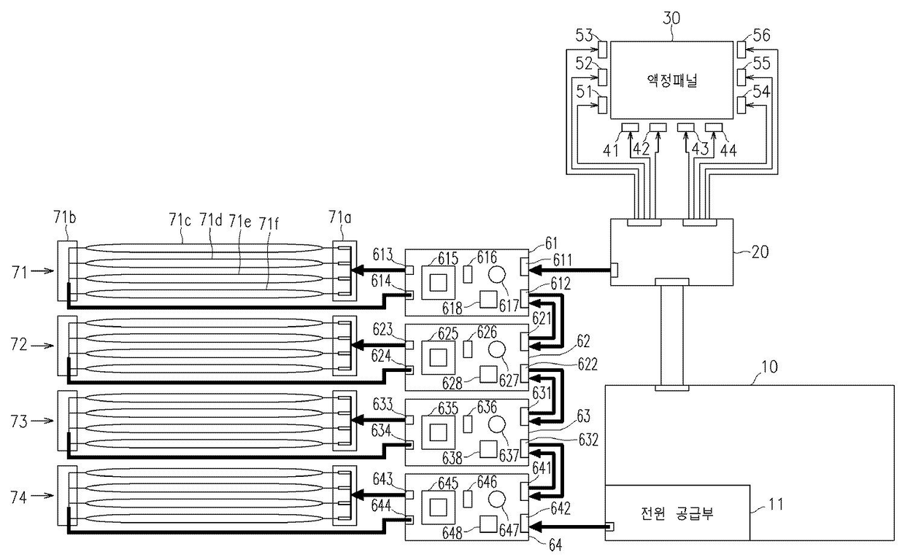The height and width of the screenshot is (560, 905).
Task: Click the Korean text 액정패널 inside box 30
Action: [x=671, y=81]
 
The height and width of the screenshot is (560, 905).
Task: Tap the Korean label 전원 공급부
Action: [x=677, y=513]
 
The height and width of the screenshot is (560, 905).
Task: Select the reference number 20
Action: [x=760, y=252]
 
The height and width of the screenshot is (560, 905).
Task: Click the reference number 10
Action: [x=769, y=367]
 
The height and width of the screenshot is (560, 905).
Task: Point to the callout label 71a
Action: [x=340, y=218]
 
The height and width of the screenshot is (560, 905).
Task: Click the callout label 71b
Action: [x=65, y=217]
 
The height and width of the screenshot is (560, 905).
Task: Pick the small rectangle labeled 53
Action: [x=602, y=50]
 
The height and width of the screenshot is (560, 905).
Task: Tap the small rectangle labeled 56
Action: [x=742, y=50]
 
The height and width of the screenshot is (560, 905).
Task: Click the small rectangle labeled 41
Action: [x=630, y=128]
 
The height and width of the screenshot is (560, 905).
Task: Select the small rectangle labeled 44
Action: [x=714, y=128]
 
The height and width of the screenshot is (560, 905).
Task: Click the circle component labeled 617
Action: [x=496, y=275]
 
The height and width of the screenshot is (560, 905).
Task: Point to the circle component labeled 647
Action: [x=496, y=499]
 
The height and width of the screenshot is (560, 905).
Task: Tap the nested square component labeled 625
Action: [x=439, y=357]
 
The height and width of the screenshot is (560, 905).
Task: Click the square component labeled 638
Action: [x=488, y=449]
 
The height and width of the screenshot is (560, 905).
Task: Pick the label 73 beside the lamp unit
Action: [x=19, y=421]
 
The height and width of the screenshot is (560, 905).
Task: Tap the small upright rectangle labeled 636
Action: [x=467, y=424]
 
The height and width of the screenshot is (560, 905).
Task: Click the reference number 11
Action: [x=776, y=504]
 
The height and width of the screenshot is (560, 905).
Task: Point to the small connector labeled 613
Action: [x=409, y=270]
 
